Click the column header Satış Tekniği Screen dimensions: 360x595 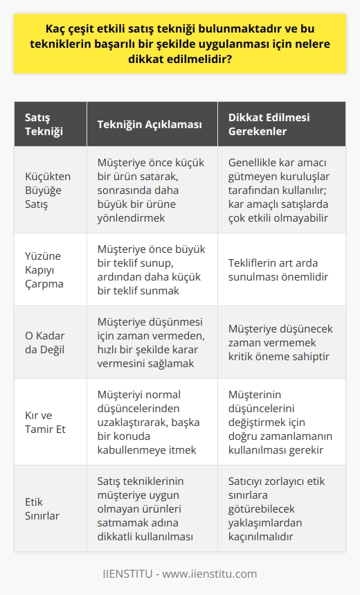pyautogui.click(x=44, y=125)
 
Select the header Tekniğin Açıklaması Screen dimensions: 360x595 pyautogui.click(x=149, y=125)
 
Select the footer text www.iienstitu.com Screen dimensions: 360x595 pyautogui.click(x=214, y=574)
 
